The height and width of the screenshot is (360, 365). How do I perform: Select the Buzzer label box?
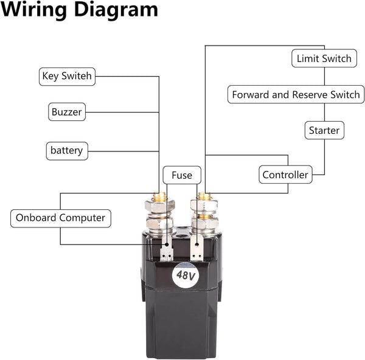pos(66,112)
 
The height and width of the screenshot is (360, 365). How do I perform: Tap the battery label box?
pos(67,150)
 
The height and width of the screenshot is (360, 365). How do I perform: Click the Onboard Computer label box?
pos(60,218)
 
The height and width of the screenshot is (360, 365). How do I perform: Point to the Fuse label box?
pos(181,176)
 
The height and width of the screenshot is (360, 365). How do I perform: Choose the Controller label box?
pos(285,175)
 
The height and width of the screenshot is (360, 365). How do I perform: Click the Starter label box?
pos(324,130)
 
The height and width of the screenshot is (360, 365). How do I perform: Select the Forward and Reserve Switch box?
pos(296,95)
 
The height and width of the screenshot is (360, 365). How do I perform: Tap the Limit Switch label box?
pos(324,59)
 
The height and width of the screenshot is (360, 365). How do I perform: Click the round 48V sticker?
pos(186,275)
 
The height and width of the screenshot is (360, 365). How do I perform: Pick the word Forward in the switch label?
pos(251,95)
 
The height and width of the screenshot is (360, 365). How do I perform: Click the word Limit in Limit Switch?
pos(307,59)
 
